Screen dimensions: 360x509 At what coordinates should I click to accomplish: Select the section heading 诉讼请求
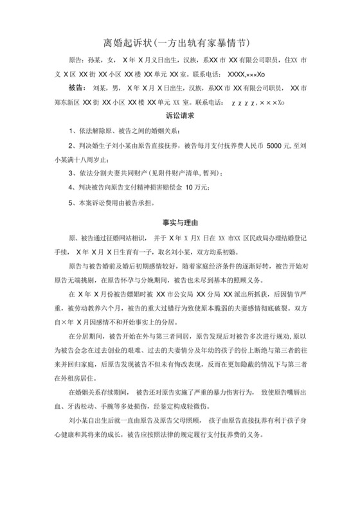[x=180, y=118]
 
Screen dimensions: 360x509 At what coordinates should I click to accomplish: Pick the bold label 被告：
[x=76, y=87]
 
